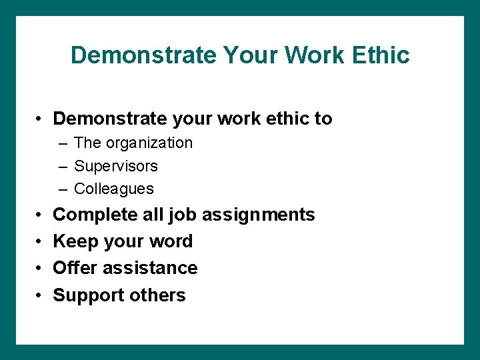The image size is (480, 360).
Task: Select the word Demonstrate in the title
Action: tap(144, 55)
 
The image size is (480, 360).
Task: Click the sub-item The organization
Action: tap(133, 143)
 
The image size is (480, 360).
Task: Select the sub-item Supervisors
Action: tap(115, 165)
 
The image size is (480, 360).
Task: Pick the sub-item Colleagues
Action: tap(113, 189)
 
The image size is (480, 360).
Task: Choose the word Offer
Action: tap(73, 268)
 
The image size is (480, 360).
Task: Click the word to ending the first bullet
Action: tap(323, 119)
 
